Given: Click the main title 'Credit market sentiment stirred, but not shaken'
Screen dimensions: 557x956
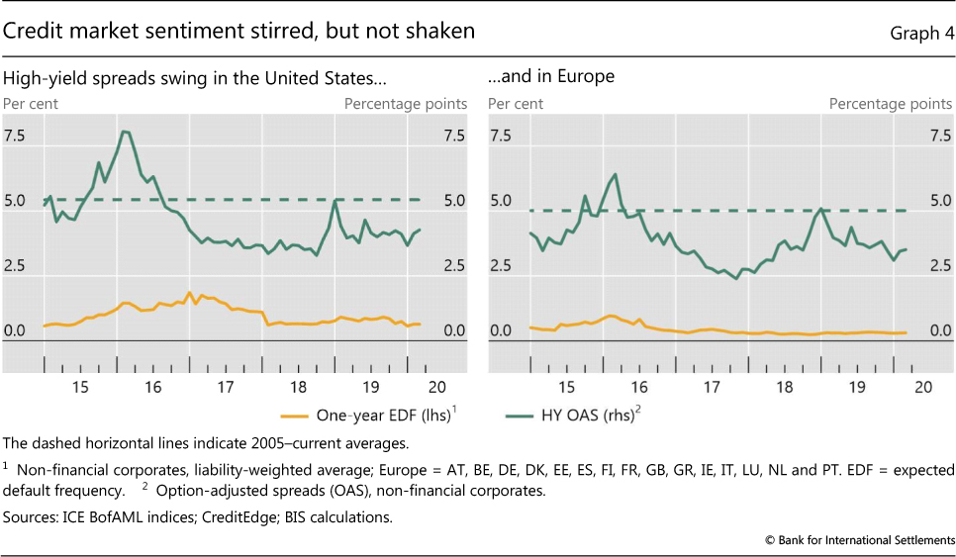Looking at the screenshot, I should [x=239, y=32].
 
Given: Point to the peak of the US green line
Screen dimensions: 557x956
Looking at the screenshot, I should [x=124, y=132].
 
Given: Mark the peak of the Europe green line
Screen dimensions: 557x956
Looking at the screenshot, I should [x=616, y=174].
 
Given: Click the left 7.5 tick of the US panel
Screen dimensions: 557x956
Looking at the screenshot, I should [x=17, y=136].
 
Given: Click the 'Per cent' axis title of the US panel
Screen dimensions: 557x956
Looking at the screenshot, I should [x=30, y=103].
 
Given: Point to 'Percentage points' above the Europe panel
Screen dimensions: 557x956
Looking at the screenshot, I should [x=891, y=103].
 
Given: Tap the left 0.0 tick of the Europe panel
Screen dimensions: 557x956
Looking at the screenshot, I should [x=502, y=331].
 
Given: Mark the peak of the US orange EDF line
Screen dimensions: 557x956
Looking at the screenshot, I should [x=189, y=293].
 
